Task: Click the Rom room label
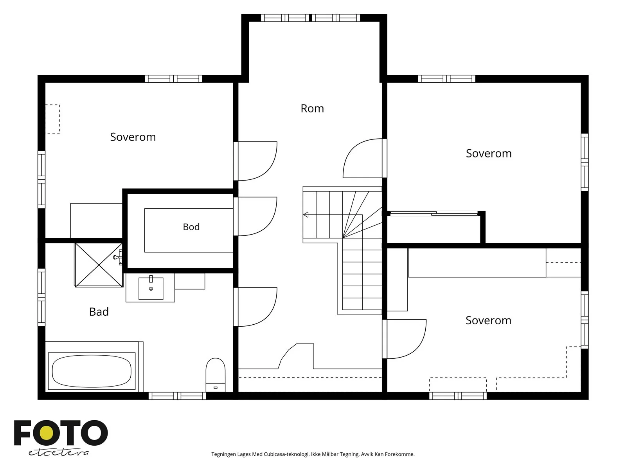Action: click(x=312, y=108)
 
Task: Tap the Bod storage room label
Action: click(x=191, y=227)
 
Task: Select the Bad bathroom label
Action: click(x=99, y=312)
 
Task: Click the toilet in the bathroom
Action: click(x=215, y=375)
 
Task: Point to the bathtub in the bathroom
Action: click(x=92, y=371)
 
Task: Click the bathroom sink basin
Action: click(x=151, y=289)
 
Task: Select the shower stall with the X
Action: click(x=99, y=265)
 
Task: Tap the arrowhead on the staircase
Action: click(x=306, y=215)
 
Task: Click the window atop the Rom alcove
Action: click(x=310, y=18)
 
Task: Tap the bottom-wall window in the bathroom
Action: click(x=177, y=396)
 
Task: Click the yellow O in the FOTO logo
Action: click(x=46, y=433)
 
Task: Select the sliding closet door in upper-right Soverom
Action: click(x=434, y=213)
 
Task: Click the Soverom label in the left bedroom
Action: click(x=133, y=137)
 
